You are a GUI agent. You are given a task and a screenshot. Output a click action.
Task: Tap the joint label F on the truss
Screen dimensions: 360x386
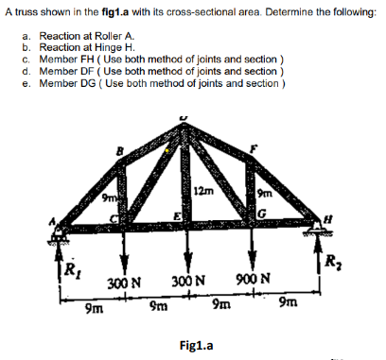254,147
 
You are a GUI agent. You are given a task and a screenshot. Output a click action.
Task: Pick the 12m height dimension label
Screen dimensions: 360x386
202,192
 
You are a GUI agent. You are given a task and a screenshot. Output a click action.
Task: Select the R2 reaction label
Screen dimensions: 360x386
332,262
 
